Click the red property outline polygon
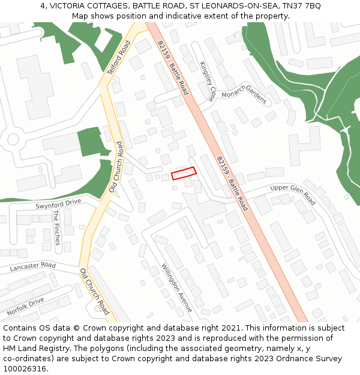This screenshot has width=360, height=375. click(x=184, y=173)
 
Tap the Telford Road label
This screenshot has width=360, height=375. click(x=119, y=58)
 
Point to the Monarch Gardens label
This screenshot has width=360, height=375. click(x=244, y=94)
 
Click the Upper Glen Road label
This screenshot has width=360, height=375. click(x=293, y=194)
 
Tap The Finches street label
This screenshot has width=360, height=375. click(x=56, y=227)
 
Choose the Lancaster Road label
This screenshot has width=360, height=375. click(x=32, y=266)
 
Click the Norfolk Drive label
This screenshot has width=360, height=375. click(x=25, y=307)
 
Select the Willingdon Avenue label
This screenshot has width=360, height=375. click(x=177, y=287)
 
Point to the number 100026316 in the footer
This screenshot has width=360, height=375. click(x=25, y=368)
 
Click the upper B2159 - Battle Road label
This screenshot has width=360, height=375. click(x=173, y=68)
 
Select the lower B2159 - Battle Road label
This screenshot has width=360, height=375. click(x=232, y=183)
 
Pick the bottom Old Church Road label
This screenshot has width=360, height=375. click(x=95, y=292)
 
